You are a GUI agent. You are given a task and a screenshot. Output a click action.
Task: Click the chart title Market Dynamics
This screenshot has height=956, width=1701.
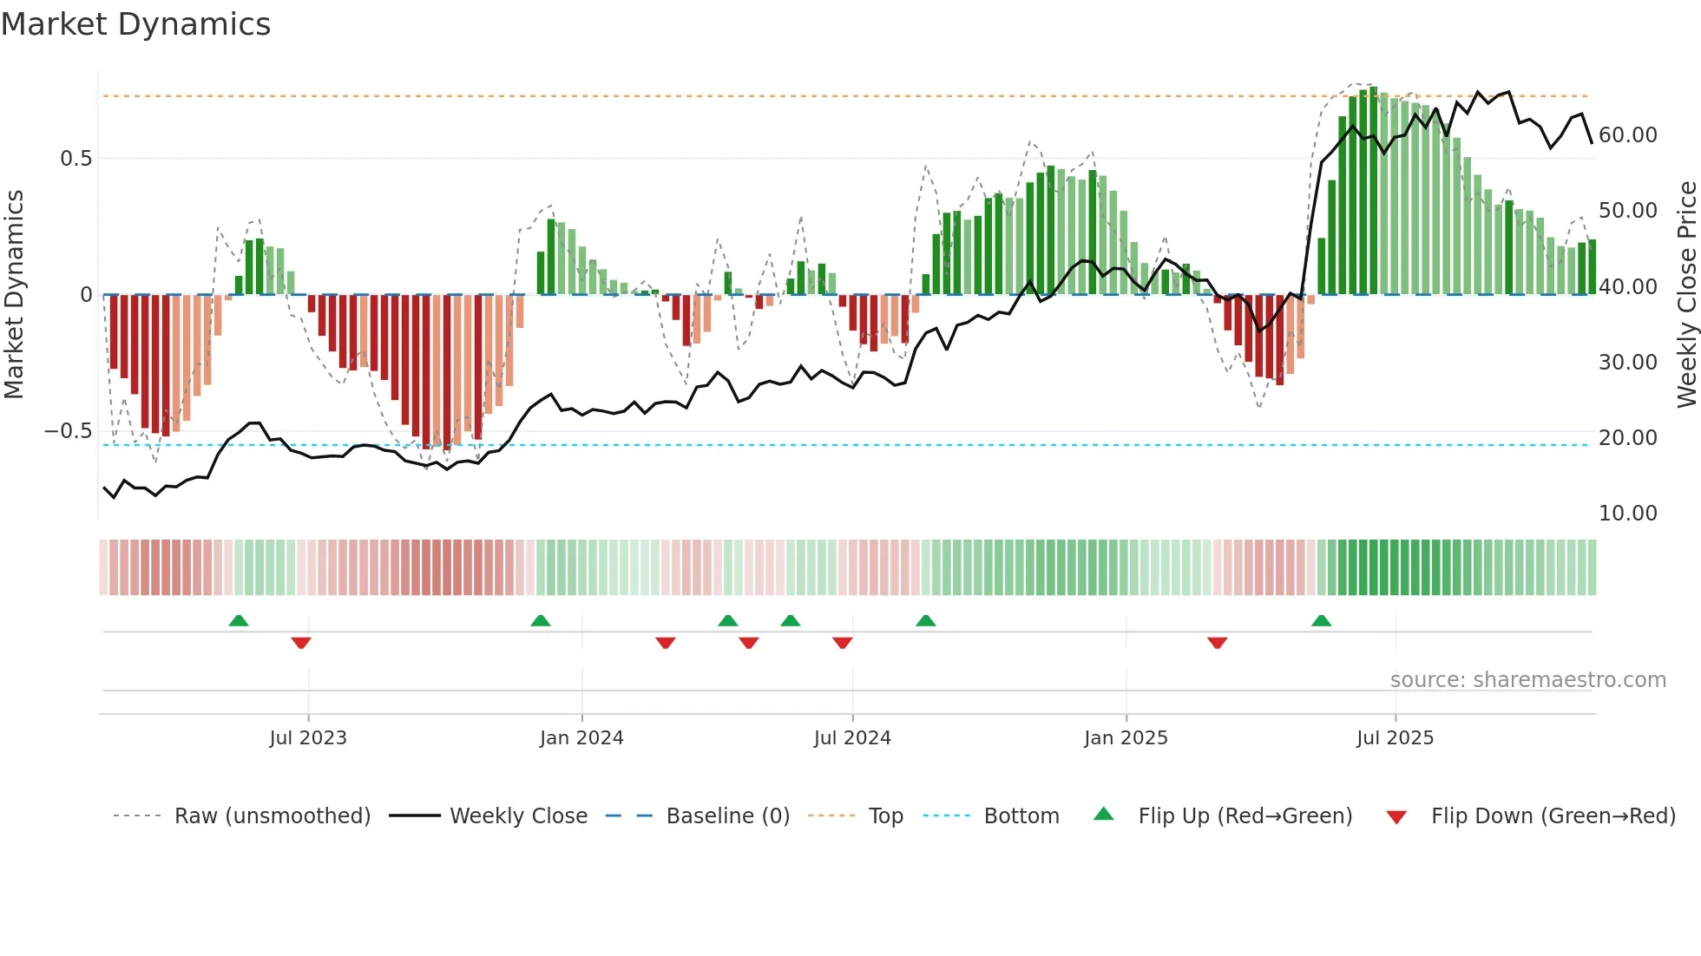pos(135,24)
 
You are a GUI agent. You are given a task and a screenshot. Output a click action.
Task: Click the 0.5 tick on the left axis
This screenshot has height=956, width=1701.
pos(76,159)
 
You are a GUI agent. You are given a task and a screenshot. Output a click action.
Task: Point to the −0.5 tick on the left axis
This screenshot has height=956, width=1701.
pos(68,431)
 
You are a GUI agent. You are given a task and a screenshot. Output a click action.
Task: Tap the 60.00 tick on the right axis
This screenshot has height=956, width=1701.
pos(1627,135)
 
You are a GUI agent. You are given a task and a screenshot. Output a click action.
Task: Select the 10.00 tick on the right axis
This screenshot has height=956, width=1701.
pos(1627,514)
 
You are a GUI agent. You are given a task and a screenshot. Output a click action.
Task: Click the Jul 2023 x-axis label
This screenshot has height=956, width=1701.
pos(307,738)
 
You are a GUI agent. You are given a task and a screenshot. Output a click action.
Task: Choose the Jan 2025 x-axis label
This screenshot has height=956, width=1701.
pos(1126,738)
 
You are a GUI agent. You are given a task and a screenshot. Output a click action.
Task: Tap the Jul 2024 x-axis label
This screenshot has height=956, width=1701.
pos(852,738)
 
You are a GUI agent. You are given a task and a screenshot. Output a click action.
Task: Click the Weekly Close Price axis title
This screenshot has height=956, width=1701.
pos(1686,295)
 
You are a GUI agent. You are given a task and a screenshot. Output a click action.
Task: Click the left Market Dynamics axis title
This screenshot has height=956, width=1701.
pos(14,295)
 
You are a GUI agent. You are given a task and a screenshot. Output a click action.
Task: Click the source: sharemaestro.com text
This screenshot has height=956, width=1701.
pos(1527,680)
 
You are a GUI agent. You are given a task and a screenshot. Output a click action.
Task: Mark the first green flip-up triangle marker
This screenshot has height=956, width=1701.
pos(239,620)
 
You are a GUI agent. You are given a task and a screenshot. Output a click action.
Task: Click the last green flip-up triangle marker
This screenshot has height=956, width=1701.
pos(1321,620)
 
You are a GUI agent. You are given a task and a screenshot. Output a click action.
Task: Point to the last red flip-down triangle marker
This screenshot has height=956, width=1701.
pos(1217,643)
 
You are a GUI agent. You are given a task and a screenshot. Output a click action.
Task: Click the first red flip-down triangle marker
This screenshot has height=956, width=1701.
pos(301,643)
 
